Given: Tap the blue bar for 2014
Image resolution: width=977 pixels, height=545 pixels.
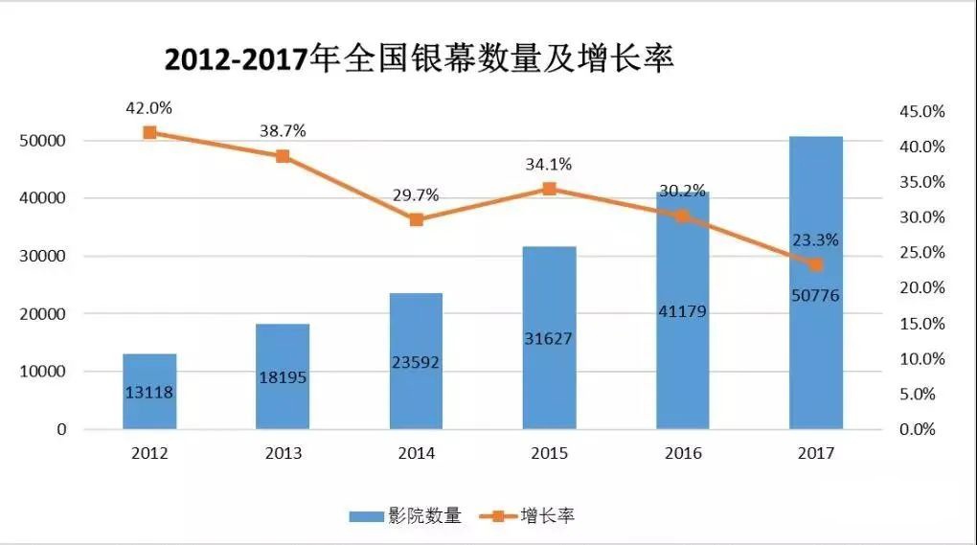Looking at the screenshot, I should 416,361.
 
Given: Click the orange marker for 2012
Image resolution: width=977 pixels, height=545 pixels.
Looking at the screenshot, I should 149,132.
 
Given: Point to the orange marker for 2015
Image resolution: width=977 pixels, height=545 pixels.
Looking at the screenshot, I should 549,189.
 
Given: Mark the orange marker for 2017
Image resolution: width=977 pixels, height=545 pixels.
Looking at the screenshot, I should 815,264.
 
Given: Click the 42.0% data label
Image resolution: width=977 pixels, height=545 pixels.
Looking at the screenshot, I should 148,108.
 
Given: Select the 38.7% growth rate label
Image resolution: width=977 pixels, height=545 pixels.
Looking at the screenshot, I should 283,131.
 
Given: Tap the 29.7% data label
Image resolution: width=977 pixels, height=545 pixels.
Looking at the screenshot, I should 416,195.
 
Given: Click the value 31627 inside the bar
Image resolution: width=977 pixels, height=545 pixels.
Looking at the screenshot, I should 549,340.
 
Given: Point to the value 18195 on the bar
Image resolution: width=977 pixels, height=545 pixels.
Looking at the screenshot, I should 283,377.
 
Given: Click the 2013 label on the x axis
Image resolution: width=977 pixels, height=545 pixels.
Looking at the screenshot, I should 283,453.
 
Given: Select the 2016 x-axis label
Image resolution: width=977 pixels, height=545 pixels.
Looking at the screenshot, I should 682,453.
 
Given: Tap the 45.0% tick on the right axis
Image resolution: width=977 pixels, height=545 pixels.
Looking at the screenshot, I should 920,112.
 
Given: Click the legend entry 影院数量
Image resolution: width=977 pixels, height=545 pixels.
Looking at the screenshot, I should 406,516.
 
